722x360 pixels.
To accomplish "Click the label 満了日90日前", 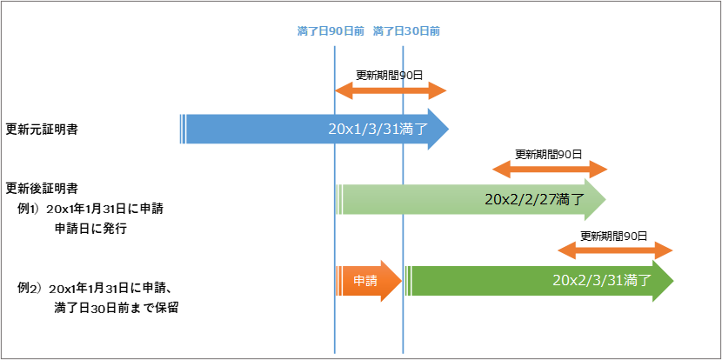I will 331,31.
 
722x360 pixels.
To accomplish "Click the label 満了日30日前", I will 406,31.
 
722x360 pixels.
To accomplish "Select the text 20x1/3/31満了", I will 378,130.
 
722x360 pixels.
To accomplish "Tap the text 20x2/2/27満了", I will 531,199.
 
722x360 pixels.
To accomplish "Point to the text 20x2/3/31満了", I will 602,281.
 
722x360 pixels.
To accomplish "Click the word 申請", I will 365,281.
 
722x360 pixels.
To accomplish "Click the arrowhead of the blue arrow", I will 438,130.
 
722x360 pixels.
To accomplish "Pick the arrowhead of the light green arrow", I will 596,200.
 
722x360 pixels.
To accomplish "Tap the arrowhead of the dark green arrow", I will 664,281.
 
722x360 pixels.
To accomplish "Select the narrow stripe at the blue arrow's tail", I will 182,129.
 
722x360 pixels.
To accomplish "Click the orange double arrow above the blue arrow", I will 391,90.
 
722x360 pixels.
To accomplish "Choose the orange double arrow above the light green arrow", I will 550,170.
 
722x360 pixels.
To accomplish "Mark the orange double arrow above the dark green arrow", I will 615,250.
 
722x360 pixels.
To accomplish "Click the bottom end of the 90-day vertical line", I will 335,350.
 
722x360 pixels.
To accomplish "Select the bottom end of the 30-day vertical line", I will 403,350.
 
